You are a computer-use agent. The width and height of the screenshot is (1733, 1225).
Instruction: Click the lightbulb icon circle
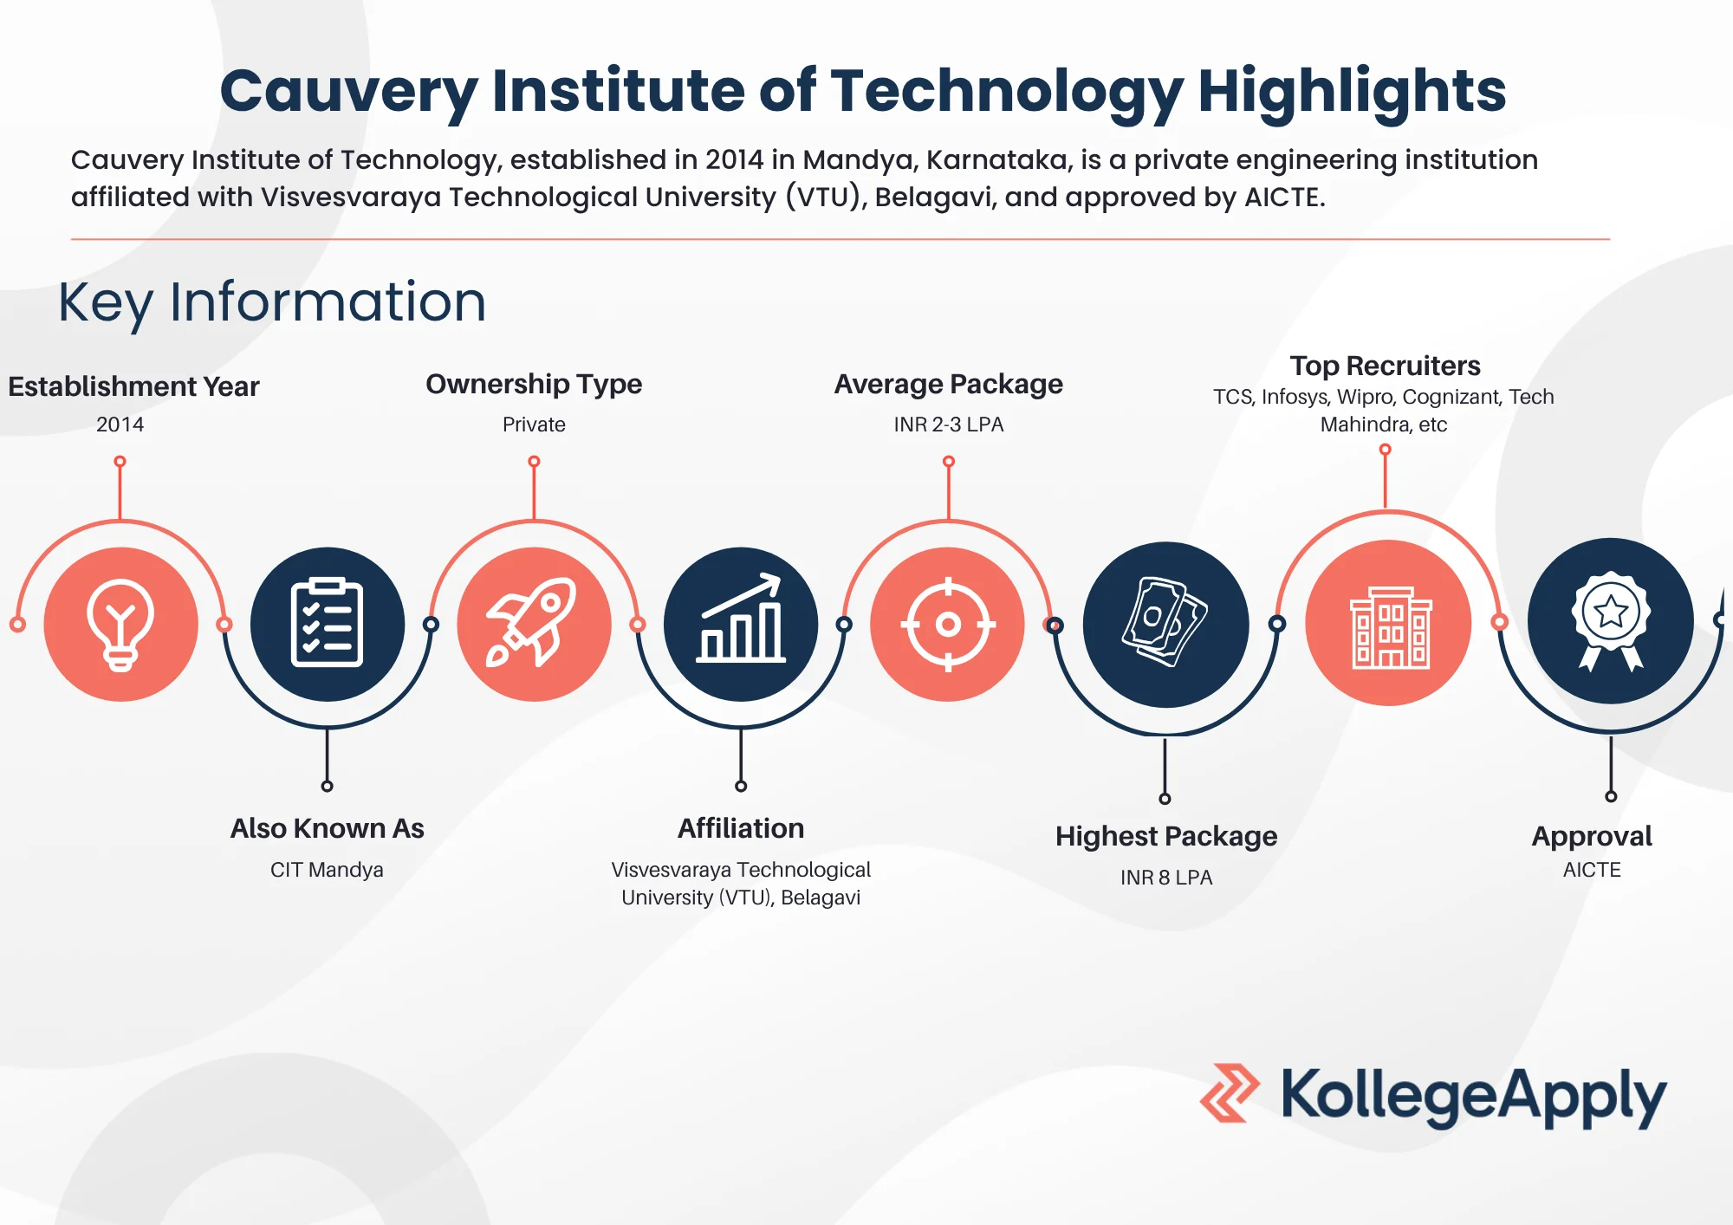(120, 624)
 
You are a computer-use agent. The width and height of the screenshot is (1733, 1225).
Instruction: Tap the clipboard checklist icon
(327, 624)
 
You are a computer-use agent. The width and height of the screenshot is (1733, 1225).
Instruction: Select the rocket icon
(534, 624)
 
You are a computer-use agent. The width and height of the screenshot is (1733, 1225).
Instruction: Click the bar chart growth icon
(741, 624)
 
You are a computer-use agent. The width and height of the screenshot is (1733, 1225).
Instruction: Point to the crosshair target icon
(948, 624)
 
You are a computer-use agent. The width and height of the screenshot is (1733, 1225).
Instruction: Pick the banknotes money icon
(1165, 624)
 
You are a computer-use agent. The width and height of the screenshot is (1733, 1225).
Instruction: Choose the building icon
(1388, 624)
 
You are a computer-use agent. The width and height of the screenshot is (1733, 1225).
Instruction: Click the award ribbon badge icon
(1610, 620)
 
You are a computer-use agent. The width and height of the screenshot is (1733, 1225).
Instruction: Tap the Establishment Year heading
(133, 386)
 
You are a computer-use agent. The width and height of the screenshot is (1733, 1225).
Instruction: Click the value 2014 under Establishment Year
(120, 425)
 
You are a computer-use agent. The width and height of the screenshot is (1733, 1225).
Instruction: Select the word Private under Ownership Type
(534, 425)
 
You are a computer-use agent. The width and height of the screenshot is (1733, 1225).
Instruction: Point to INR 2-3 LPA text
(948, 425)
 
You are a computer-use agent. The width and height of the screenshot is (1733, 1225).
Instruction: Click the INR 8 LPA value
(1165, 878)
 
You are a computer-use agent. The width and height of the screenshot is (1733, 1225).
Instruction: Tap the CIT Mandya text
(327, 870)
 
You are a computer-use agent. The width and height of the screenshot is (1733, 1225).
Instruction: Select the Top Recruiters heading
(1385, 366)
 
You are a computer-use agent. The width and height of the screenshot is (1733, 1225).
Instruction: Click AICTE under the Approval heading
(1592, 870)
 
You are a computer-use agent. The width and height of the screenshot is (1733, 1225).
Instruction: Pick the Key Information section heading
(272, 302)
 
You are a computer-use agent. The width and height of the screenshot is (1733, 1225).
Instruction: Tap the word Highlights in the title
(1352, 91)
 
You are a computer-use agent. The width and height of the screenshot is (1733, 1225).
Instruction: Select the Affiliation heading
(741, 828)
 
